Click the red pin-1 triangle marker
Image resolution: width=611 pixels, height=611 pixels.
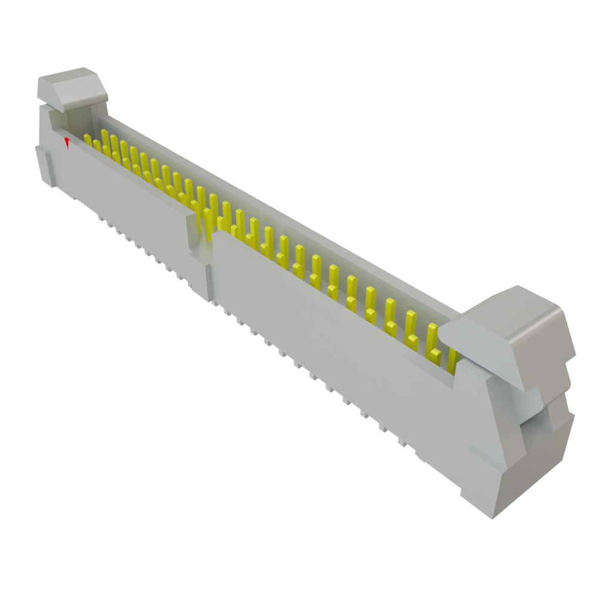[x=67, y=143]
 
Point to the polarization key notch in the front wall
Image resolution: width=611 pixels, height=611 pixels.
[x=203, y=239]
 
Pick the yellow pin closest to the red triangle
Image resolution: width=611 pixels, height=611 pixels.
[x=88, y=140]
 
